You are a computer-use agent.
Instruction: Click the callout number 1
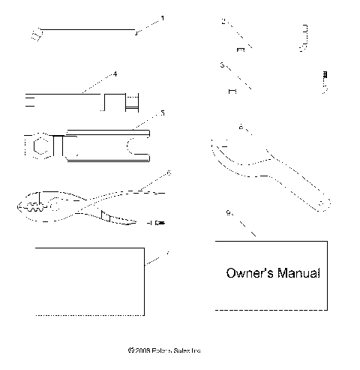(163, 17)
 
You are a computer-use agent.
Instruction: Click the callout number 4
(115, 74)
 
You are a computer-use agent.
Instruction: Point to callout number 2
(223, 22)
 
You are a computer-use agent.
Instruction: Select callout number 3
(223, 65)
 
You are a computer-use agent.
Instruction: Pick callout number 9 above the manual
(228, 212)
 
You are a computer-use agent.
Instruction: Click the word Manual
(300, 273)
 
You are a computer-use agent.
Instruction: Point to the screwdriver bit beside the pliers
(155, 223)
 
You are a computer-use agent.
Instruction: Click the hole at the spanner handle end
(323, 203)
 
